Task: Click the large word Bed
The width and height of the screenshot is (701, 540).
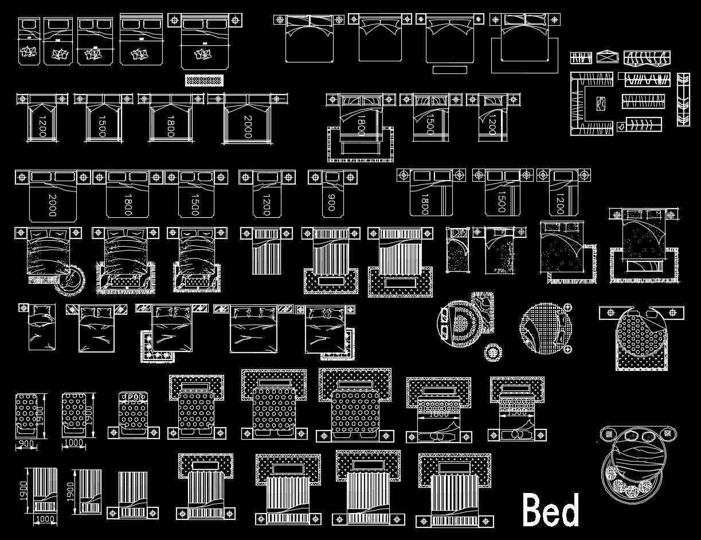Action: pos(550,510)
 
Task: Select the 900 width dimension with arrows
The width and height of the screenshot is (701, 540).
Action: pos(26,444)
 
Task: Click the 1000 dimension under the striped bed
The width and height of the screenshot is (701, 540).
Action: pos(45,519)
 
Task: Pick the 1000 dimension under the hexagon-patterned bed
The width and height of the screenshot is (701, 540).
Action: pos(74,444)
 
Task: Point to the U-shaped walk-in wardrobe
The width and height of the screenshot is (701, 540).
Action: pos(591,104)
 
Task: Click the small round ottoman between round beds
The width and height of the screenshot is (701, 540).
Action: pos(492,352)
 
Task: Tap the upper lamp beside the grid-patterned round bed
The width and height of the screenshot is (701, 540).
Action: pos(567,308)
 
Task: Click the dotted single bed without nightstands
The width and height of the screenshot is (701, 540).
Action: pos(457,250)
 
